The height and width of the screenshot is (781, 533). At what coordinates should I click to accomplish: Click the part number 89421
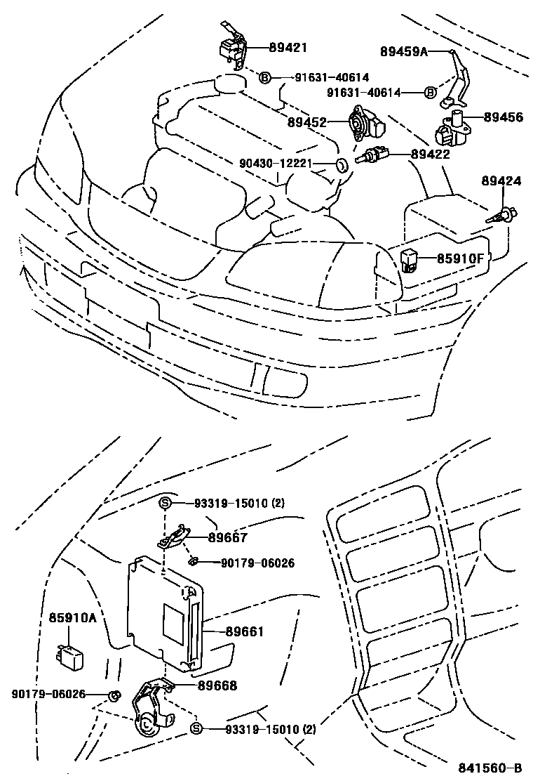(288, 47)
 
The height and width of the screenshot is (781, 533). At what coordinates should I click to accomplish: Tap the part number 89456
(502, 118)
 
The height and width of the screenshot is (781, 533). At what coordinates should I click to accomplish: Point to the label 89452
(307, 122)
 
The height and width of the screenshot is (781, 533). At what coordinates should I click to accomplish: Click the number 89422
(430, 154)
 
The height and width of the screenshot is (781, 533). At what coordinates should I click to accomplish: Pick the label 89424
(501, 181)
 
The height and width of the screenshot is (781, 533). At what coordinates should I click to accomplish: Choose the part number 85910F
(460, 258)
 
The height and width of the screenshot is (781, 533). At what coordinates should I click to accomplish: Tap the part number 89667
(227, 539)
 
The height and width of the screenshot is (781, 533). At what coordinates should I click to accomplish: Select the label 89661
(245, 631)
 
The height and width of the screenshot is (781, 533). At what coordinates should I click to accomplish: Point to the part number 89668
(217, 685)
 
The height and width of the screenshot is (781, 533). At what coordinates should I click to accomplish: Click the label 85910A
(72, 618)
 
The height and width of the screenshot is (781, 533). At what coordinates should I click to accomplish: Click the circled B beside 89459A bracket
(431, 92)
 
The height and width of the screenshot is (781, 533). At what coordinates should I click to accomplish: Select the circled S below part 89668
(196, 729)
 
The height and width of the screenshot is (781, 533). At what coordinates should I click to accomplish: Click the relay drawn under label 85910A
(69, 653)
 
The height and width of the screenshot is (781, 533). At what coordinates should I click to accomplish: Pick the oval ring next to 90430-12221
(341, 165)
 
